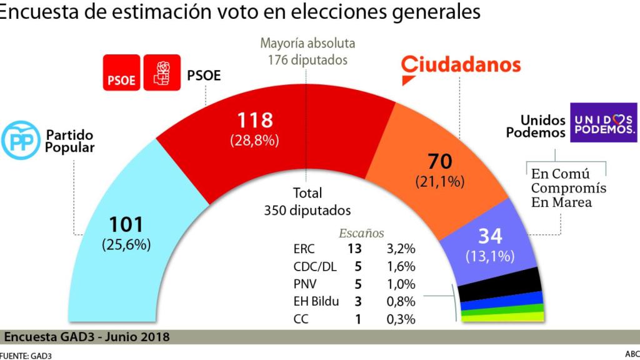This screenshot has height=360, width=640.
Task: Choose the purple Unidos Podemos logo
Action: click(603, 124)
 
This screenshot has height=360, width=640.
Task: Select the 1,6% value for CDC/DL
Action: click(401, 267)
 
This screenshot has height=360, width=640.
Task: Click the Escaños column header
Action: click(361, 232)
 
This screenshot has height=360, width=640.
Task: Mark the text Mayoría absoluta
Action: click(307, 44)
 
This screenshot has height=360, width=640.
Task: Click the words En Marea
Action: click(561, 202)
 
